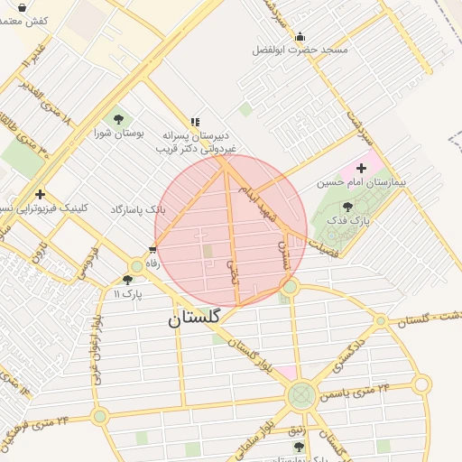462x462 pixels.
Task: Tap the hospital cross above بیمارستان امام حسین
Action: (x=362, y=168)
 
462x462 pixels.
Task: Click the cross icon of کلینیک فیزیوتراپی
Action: (x=40, y=194)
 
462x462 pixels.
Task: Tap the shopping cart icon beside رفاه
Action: (x=152, y=250)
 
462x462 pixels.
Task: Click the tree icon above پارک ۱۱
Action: (x=127, y=280)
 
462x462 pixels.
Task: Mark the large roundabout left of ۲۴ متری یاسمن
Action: (x=301, y=394)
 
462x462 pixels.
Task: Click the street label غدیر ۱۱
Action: (x=30, y=65)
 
